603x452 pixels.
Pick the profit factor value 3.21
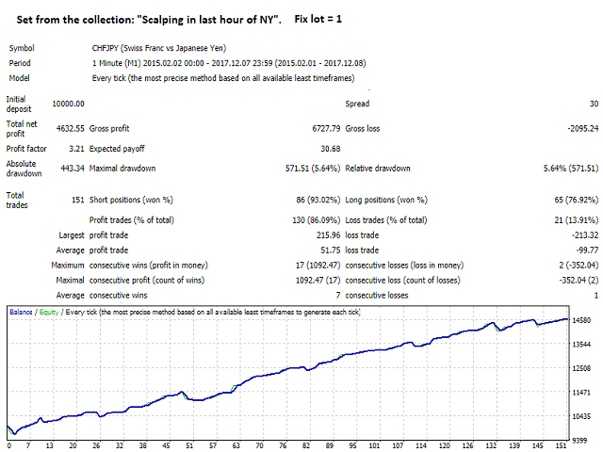(76, 148)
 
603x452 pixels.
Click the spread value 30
(592, 104)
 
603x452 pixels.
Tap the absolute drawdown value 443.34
(71, 169)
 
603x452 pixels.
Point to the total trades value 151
(76, 199)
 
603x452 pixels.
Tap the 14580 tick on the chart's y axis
(582, 322)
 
